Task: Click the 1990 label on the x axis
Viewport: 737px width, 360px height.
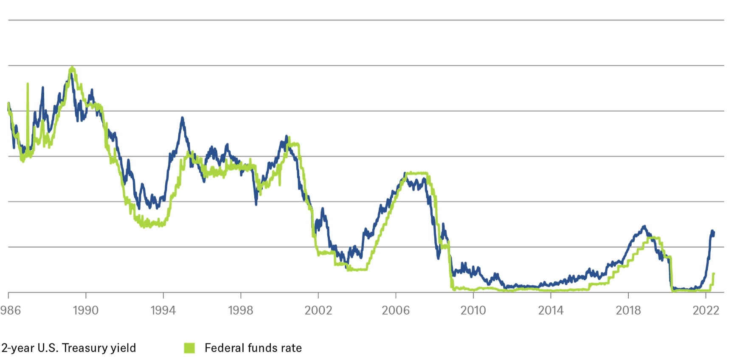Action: pyautogui.click(x=85, y=310)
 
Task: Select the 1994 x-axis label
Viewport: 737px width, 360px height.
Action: pyautogui.click(x=163, y=310)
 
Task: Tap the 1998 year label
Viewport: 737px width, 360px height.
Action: pyautogui.click(x=241, y=310)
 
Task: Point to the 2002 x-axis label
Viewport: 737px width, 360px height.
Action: pyautogui.click(x=318, y=310)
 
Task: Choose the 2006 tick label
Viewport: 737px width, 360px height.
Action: pyautogui.click(x=396, y=310)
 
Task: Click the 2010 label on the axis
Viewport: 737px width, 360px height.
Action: pyautogui.click(x=473, y=310)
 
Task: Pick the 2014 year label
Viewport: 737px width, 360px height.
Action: pyautogui.click(x=551, y=310)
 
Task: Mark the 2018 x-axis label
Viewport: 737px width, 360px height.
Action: pyautogui.click(x=628, y=310)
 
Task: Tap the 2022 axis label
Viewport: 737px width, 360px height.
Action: pyautogui.click(x=706, y=310)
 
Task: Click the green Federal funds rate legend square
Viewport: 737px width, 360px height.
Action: pyautogui.click(x=189, y=348)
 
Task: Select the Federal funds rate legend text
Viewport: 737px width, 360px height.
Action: pyautogui.click(x=253, y=348)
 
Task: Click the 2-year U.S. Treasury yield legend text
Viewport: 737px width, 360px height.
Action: pyautogui.click(x=69, y=348)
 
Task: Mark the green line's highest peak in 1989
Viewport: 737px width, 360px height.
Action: pyautogui.click(x=72, y=68)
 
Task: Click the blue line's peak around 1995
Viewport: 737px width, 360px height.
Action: pyautogui.click(x=182, y=118)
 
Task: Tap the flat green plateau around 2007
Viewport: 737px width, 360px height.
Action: pyautogui.click(x=416, y=173)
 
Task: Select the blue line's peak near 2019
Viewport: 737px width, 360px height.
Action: pyautogui.click(x=644, y=226)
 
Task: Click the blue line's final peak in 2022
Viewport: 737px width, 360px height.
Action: pyautogui.click(x=712, y=231)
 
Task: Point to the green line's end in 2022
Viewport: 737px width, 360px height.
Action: pyautogui.click(x=714, y=274)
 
